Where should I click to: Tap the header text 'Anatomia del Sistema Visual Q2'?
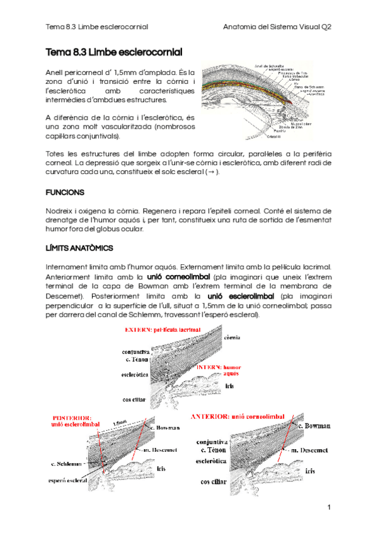tap(278, 27)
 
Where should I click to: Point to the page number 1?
tap(329, 507)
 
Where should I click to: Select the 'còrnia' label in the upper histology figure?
tap(232, 338)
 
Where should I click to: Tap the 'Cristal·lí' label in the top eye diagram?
tap(273, 136)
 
